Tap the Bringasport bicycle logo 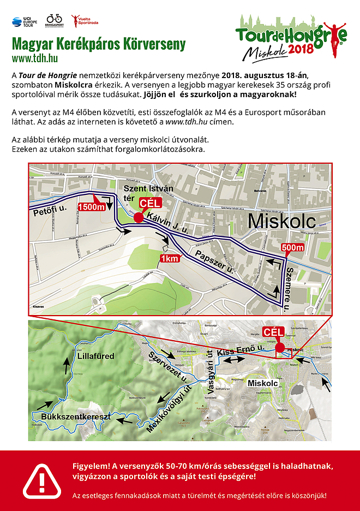coord(54,21)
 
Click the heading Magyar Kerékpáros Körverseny coord(99,44)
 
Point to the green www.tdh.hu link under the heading coord(35,58)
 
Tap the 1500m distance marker coord(91,207)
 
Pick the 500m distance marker coord(293,248)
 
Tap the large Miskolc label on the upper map coord(282,222)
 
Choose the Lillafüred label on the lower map coord(95,356)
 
